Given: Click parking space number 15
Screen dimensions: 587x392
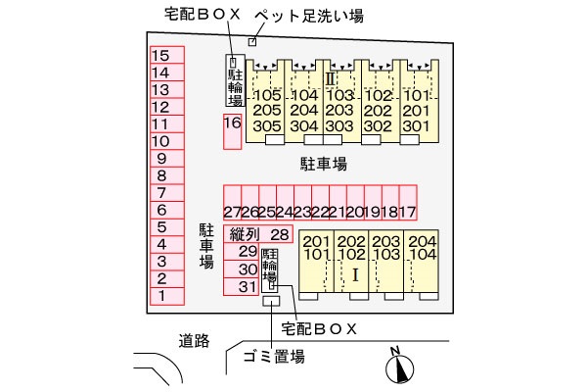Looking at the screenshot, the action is [x=167, y=55].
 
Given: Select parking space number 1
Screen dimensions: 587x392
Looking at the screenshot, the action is [x=167, y=296].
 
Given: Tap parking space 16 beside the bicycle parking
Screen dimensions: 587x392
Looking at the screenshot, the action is [x=232, y=131].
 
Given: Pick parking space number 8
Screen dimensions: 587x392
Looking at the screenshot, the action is [x=167, y=175].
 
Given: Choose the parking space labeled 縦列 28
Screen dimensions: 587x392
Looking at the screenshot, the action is [x=258, y=234].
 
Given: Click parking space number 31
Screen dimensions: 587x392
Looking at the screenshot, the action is [x=241, y=287].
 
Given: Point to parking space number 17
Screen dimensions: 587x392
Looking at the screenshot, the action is [x=408, y=203].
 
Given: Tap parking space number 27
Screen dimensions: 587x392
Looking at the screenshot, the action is [x=232, y=203].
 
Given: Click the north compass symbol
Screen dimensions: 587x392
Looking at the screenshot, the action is [x=399, y=367].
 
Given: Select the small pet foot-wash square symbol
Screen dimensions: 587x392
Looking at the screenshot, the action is [x=252, y=42].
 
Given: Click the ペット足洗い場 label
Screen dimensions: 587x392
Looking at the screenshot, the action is [x=309, y=16].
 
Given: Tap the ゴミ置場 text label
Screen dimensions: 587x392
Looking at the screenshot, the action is [x=274, y=357].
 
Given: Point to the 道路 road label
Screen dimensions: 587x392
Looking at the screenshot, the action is [x=194, y=341].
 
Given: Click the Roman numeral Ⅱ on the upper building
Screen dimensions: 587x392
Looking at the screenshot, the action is [x=331, y=79].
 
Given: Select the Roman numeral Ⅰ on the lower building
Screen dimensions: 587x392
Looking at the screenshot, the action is [x=355, y=275].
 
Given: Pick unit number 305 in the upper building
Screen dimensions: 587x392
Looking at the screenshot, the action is [x=267, y=126].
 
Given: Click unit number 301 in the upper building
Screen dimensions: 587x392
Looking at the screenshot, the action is [x=417, y=126].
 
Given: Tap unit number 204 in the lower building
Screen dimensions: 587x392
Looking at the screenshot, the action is [x=423, y=241].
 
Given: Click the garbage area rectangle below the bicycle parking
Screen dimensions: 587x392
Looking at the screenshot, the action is [x=271, y=301].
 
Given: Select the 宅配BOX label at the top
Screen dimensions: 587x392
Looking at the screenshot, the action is [x=203, y=15].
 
